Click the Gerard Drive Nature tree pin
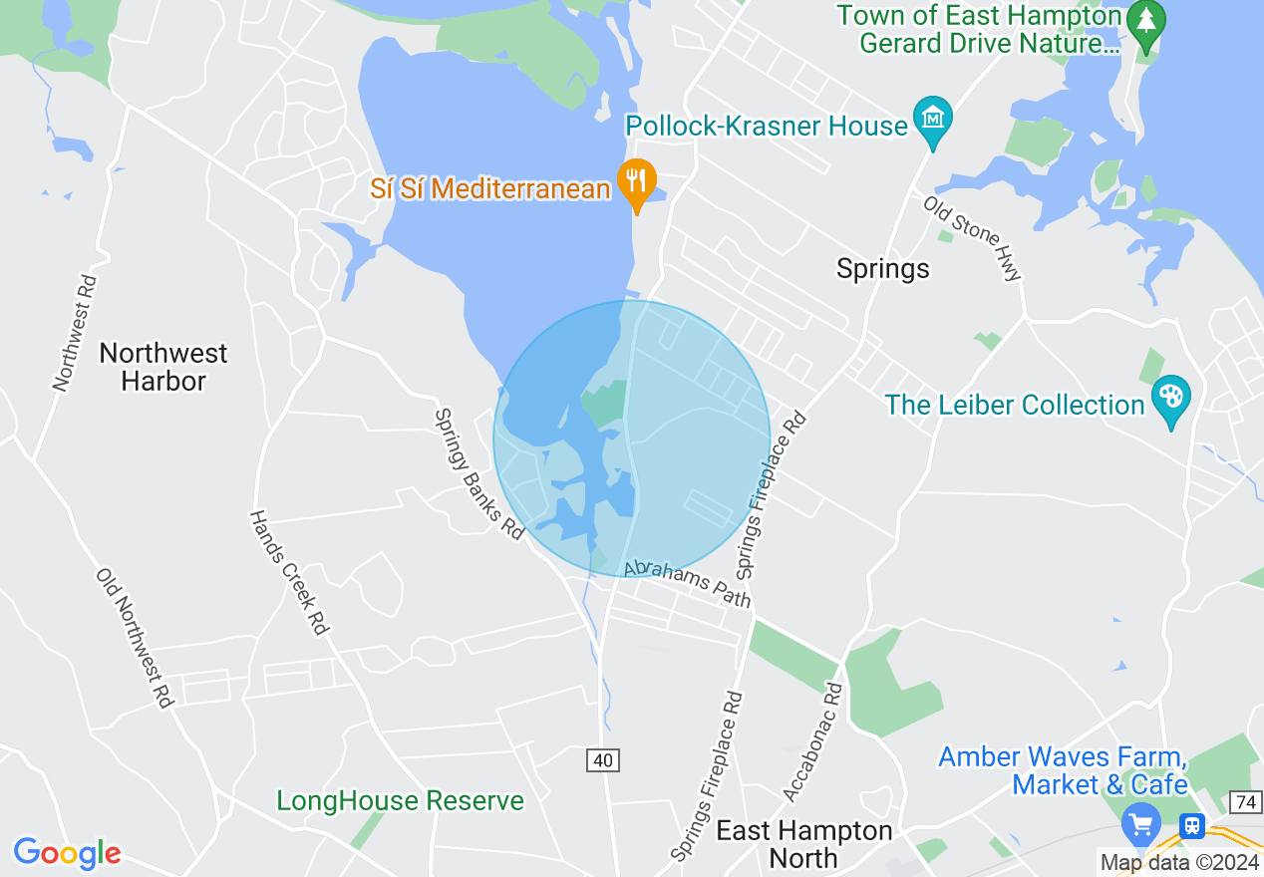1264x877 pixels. [1146, 25]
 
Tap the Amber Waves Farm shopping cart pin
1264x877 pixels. [1140, 825]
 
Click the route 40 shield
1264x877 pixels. [602, 760]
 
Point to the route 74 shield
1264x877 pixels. [1245, 802]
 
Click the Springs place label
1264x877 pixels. [882, 269]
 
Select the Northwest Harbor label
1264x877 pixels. [163, 367]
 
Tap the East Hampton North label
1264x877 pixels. [804, 844]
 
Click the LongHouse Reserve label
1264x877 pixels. [400, 800]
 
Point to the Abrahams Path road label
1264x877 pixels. [688, 583]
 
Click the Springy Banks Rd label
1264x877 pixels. [478, 473]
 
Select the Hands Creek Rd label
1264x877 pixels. [288, 573]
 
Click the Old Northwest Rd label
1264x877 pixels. [135, 638]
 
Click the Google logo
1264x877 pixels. [67, 853]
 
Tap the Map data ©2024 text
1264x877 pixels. [1179, 862]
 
